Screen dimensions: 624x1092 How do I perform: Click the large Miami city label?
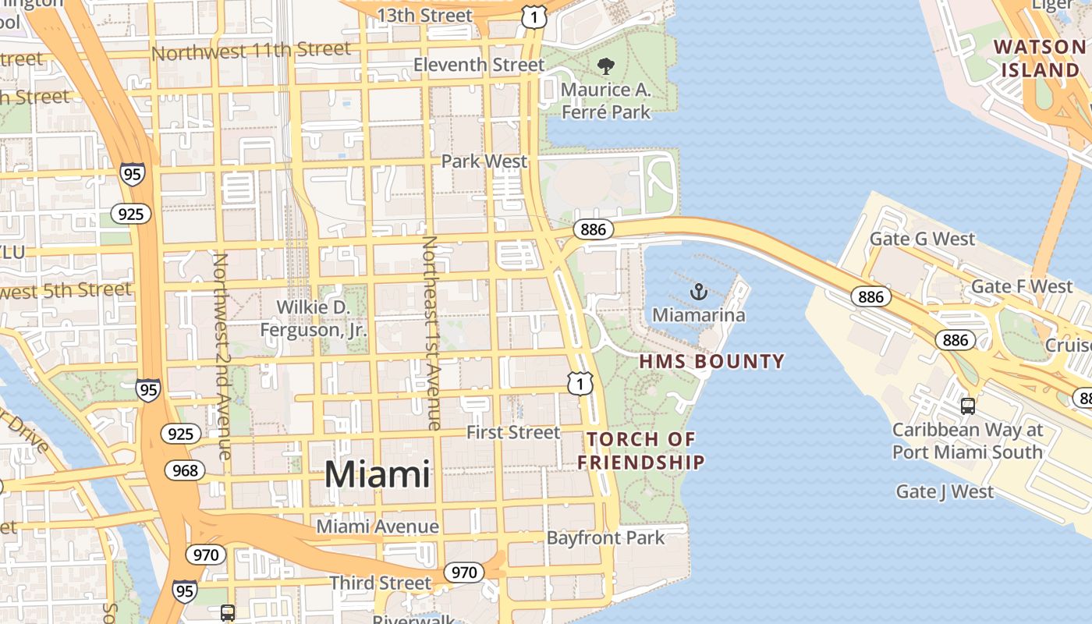coord(377,474)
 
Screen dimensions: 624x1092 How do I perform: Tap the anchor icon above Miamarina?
coord(699,292)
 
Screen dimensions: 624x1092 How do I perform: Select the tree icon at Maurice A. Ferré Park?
coord(605,66)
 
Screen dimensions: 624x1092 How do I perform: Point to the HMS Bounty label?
coord(711,361)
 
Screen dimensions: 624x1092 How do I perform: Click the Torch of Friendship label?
coord(641,450)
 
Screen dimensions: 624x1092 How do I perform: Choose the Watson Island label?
coord(1041,58)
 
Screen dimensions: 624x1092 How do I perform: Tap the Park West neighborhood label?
coord(484,161)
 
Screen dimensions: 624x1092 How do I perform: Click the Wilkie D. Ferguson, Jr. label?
coord(314,318)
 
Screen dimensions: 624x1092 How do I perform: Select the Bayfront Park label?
coord(605,537)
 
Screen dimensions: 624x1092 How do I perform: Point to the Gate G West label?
coord(922,239)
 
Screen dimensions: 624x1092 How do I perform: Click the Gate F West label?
coord(1022,286)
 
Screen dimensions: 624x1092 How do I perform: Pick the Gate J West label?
coord(945,491)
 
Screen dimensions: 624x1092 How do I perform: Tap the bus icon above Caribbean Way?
coord(968,406)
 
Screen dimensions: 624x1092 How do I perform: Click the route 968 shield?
coord(185,470)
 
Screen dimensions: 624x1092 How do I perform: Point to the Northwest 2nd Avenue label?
coord(222,356)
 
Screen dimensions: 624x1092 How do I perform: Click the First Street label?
coord(513,432)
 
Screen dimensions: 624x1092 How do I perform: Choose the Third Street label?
coord(380,583)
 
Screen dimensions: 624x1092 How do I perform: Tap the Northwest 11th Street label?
coord(251,51)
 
